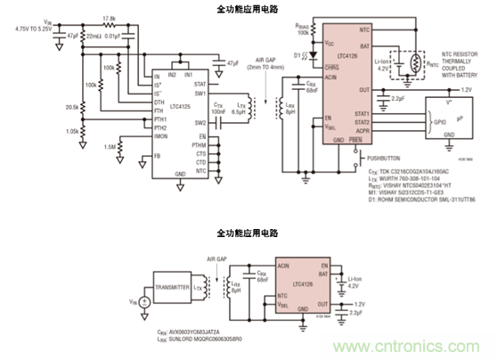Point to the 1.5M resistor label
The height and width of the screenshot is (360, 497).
click(x=108, y=147)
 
